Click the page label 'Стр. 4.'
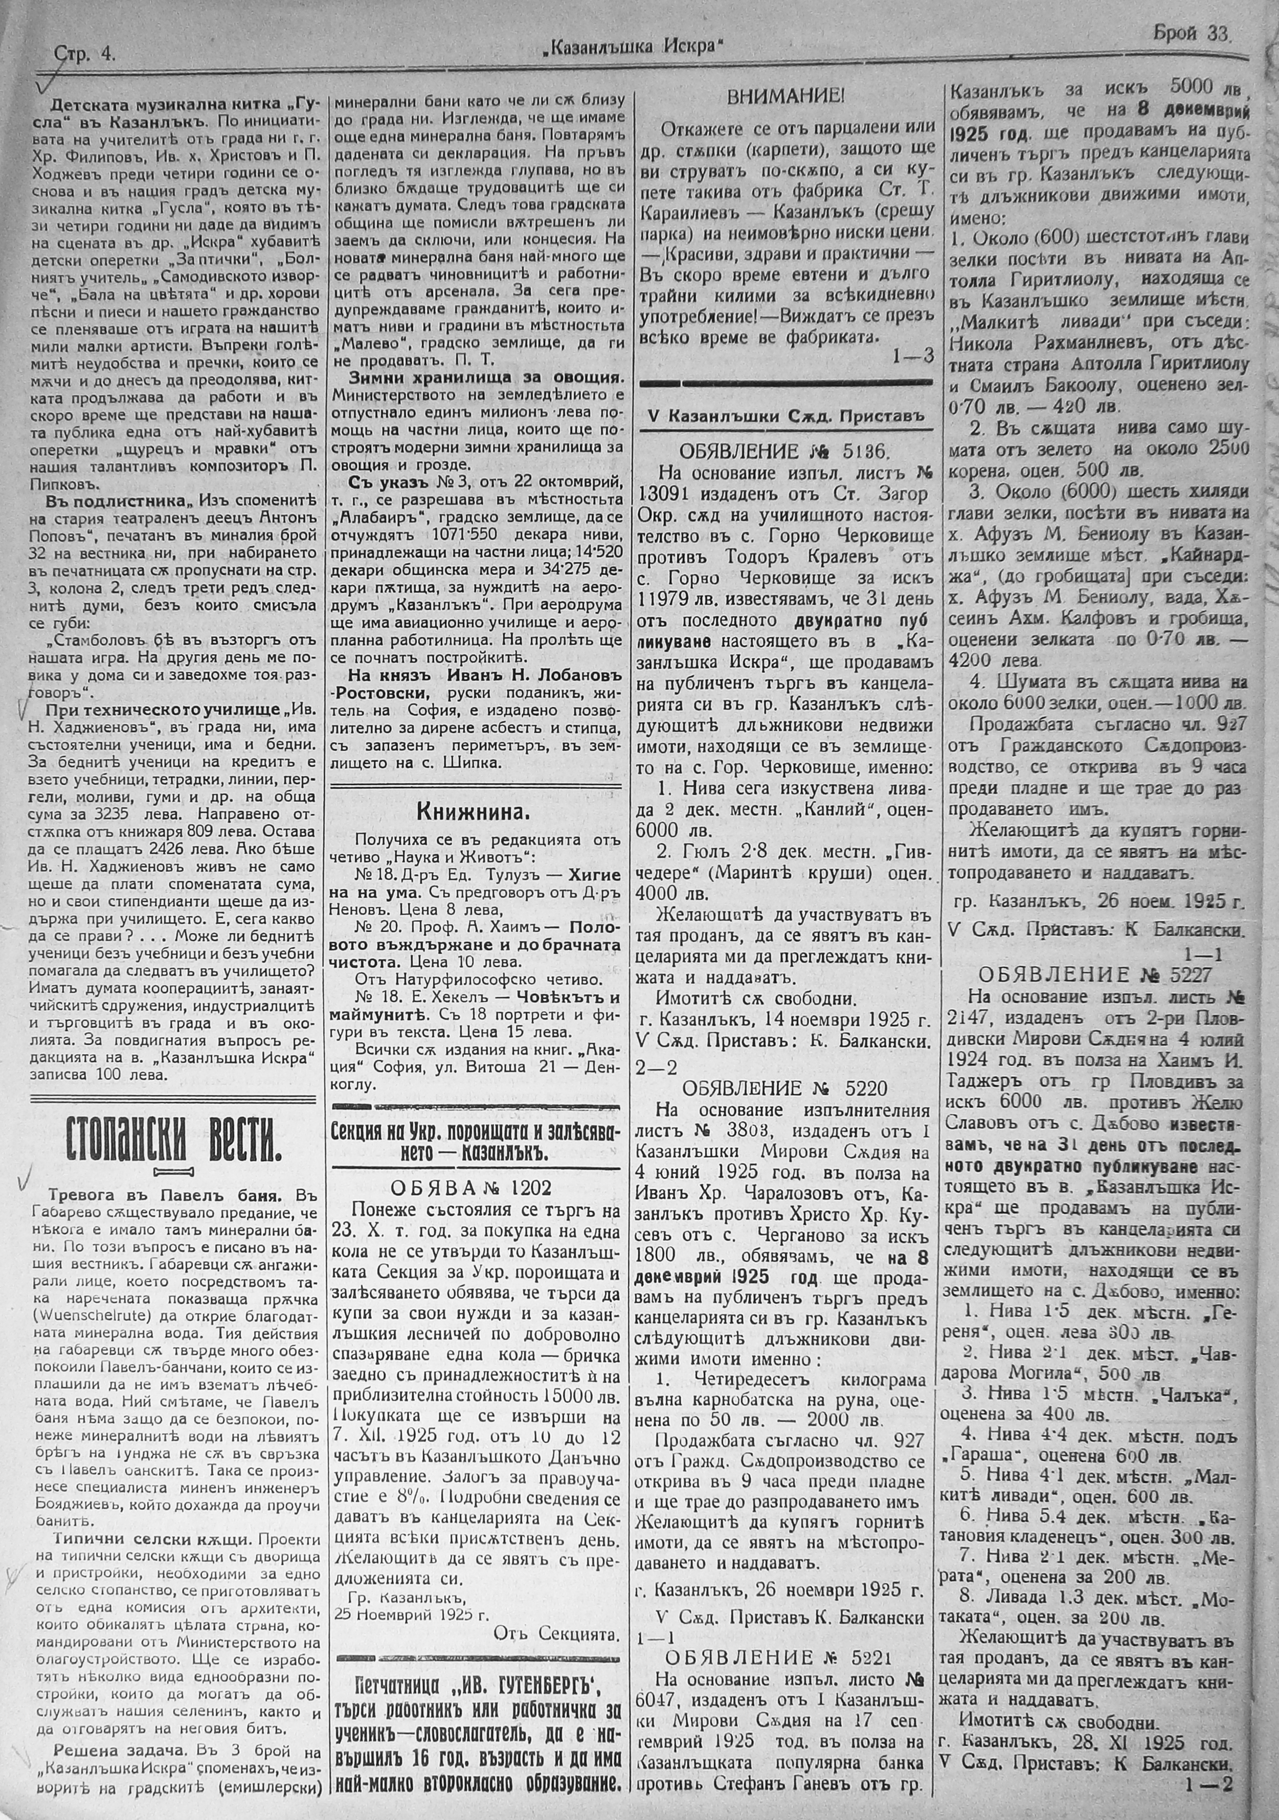pyautogui.click(x=85, y=54)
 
